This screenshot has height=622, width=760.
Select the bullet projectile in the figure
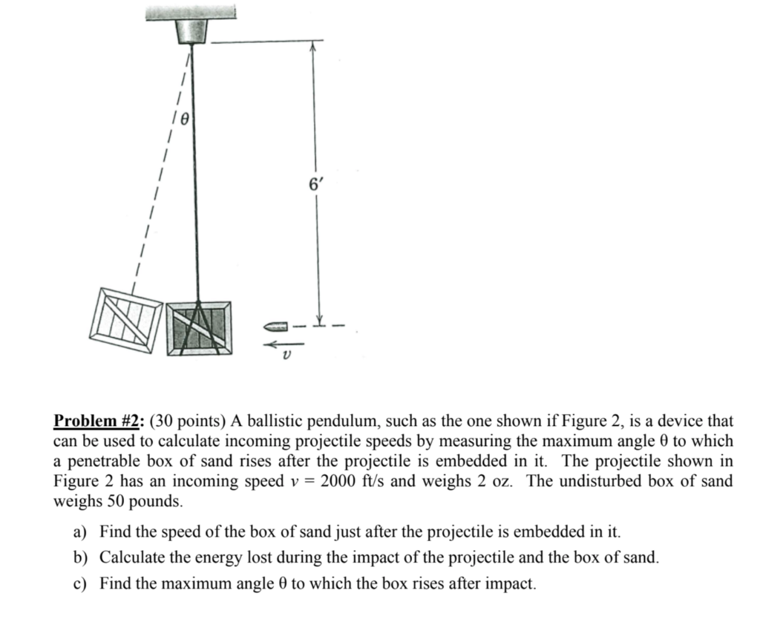[x=275, y=325]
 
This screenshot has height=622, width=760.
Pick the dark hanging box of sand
[x=198, y=328]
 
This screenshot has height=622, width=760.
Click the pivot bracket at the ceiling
[x=191, y=32]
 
